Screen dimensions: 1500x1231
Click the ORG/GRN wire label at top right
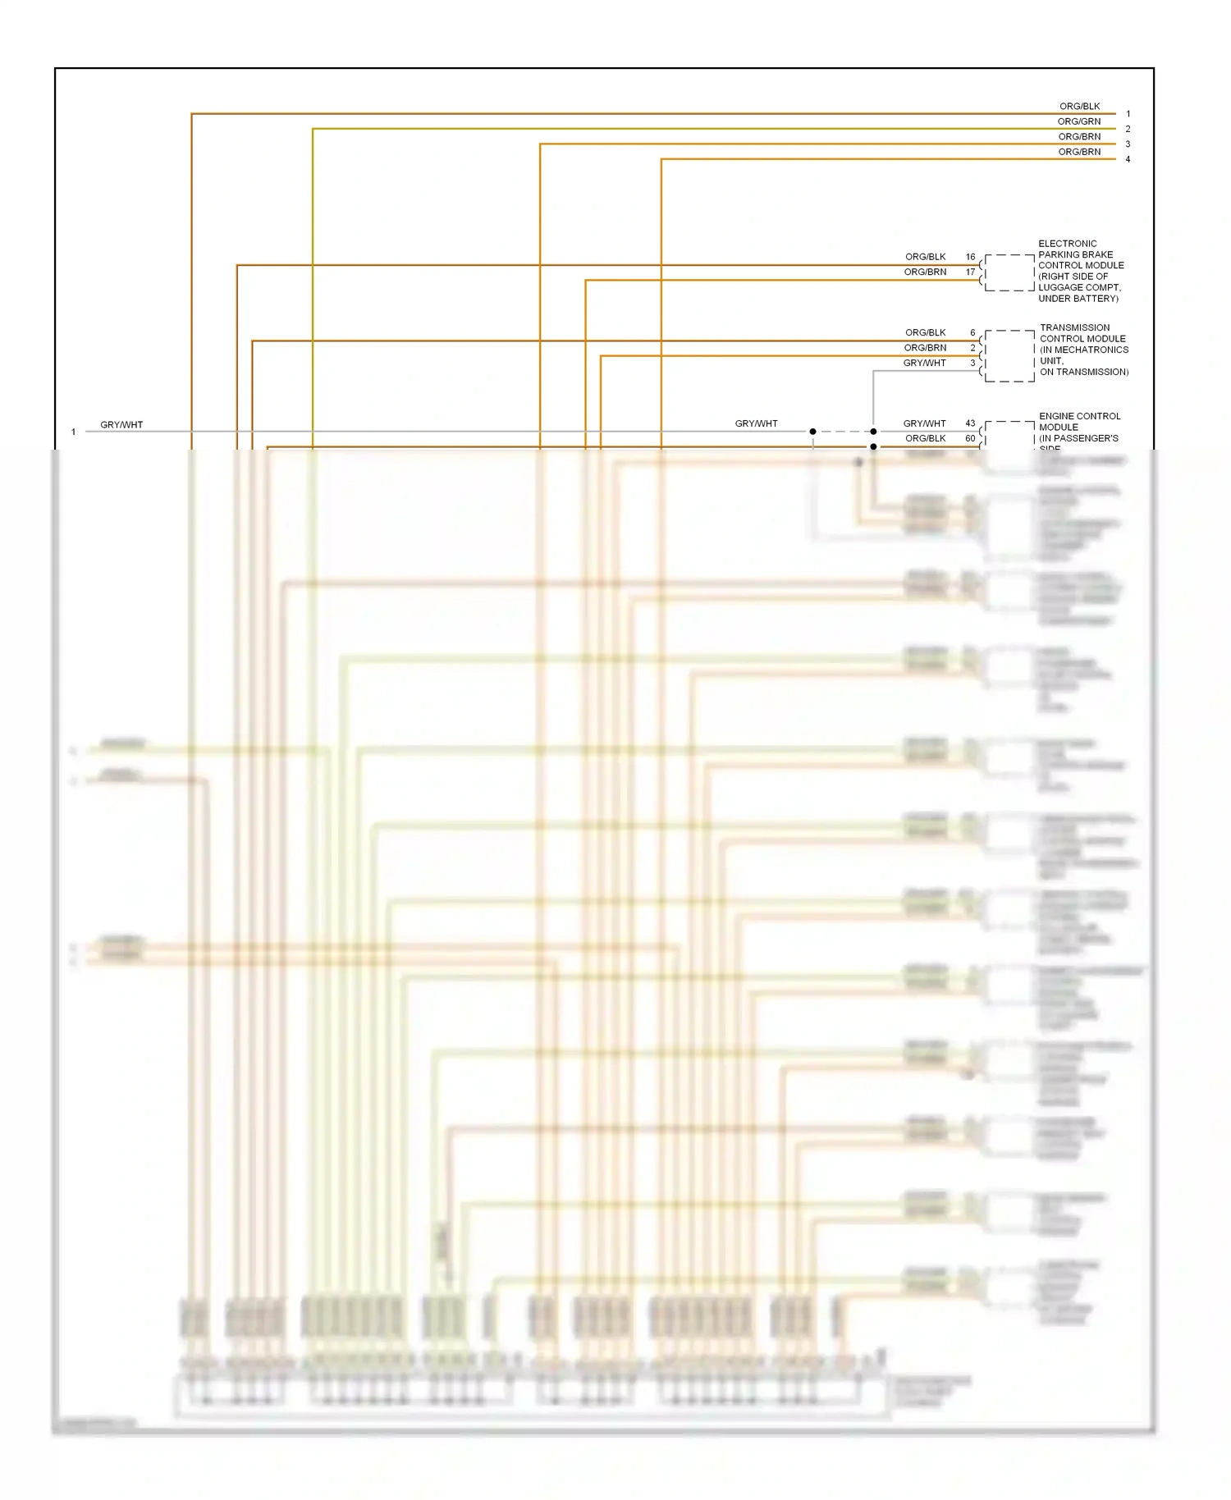click(1078, 121)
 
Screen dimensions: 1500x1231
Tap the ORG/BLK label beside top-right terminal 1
click(1079, 107)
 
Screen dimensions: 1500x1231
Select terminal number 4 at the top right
click(1128, 159)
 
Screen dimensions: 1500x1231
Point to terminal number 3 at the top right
click(1128, 144)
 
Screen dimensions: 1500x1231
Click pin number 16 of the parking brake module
click(970, 257)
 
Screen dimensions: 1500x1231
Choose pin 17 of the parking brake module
click(970, 272)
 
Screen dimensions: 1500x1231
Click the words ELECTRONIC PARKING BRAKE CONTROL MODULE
click(1079, 271)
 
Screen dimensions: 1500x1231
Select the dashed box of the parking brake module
click(1009, 272)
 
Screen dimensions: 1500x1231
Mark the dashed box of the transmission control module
click(1009, 356)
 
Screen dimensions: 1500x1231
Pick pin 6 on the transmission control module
click(972, 333)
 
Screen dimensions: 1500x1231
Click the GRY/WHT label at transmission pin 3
click(924, 364)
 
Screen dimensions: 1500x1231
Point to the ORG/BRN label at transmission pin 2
click(925, 348)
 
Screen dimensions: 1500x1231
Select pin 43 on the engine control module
click(970, 423)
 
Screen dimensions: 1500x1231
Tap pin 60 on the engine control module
click(970, 439)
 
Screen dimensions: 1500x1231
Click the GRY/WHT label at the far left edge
click(121, 425)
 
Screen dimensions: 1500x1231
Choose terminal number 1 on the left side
click(73, 432)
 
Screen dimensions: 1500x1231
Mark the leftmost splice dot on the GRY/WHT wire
click(812, 432)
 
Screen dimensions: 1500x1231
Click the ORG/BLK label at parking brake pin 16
click(925, 257)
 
